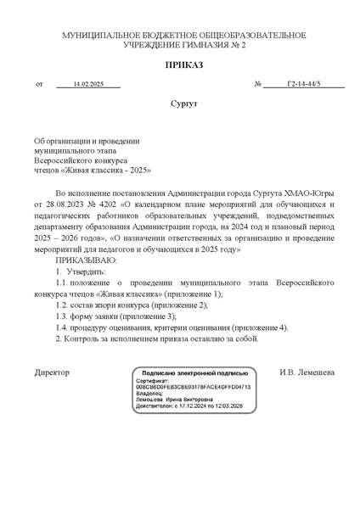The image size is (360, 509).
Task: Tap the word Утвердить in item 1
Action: click(87, 271)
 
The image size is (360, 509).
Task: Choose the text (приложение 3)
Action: click(147, 316)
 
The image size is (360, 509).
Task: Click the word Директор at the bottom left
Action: click(52, 372)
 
